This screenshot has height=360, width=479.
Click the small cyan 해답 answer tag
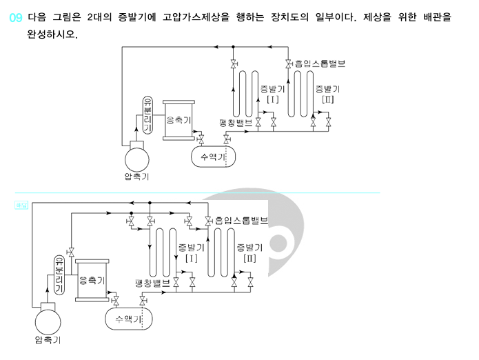click(x=20, y=205)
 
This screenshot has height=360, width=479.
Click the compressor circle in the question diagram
click(x=136, y=159)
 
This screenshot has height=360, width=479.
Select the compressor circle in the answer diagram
click(x=48, y=322)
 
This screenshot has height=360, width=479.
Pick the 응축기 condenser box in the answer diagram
click(x=92, y=281)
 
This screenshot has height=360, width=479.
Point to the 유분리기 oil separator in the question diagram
click(x=147, y=114)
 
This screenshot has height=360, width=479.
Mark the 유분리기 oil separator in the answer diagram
click(x=59, y=274)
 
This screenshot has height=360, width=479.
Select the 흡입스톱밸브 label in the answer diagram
click(x=239, y=221)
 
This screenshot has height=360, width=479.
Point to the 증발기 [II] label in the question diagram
click(x=327, y=94)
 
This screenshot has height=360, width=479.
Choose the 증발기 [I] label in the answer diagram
click(x=192, y=252)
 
